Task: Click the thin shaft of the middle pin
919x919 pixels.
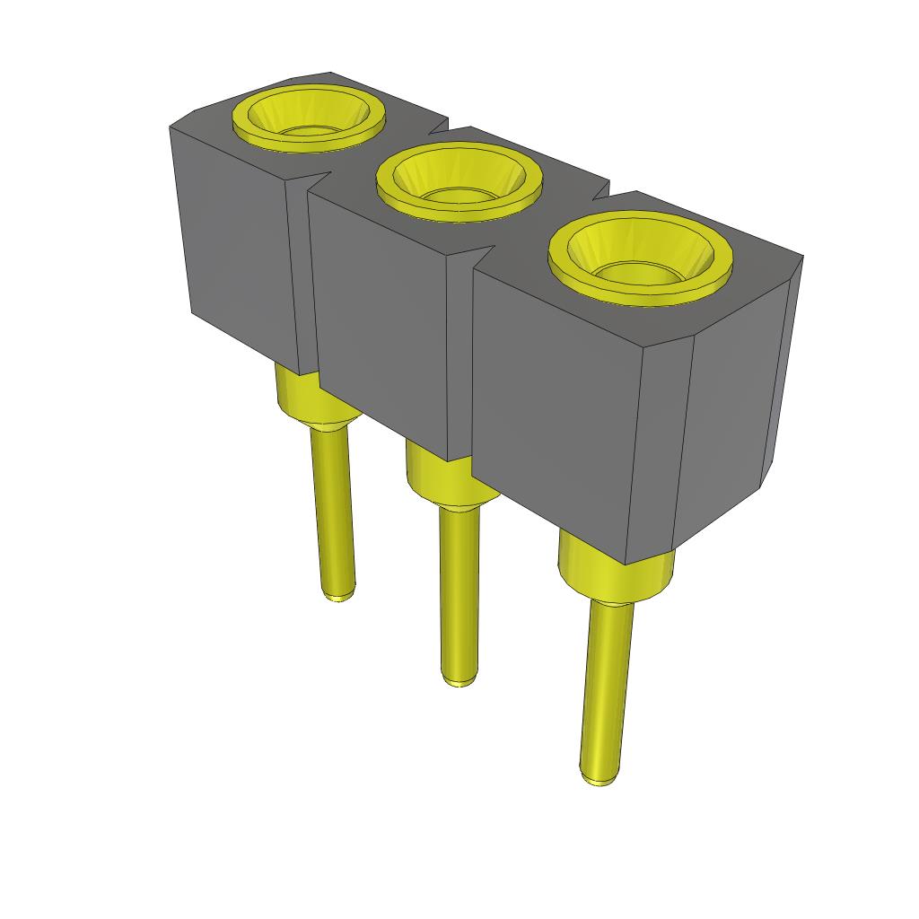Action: pos(459,592)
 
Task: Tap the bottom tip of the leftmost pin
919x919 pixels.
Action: pos(338,595)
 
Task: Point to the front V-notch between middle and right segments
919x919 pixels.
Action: pos(473,260)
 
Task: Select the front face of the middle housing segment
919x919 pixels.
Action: pos(381,314)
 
